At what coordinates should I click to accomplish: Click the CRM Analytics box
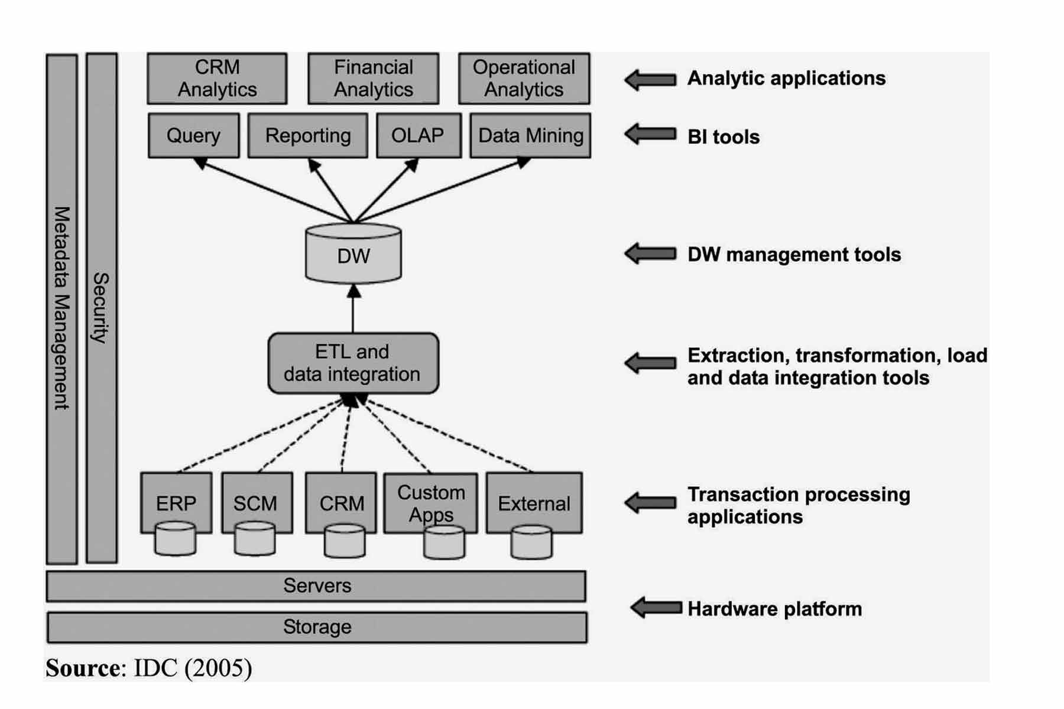point(217,78)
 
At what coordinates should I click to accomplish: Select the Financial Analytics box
point(373,78)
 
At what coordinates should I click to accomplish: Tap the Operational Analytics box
point(524,78)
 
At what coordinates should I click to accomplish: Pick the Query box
point(193,135)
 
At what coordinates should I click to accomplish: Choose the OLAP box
point(418,135)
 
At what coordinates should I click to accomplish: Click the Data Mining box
point(530,135)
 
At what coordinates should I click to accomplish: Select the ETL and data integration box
point(353,363)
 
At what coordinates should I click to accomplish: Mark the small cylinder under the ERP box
point(175,539)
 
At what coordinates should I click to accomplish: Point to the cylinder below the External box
point(531,542)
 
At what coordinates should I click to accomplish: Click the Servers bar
point(316,586)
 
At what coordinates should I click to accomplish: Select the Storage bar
point(317,627)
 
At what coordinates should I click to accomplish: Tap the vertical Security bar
point(102,307)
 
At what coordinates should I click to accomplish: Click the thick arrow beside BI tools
point(650,134)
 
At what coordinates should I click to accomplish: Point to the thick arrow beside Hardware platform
point(656,607)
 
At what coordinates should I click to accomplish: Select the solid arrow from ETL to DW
point(353,310)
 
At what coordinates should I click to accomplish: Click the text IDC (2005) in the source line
point(193,668)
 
